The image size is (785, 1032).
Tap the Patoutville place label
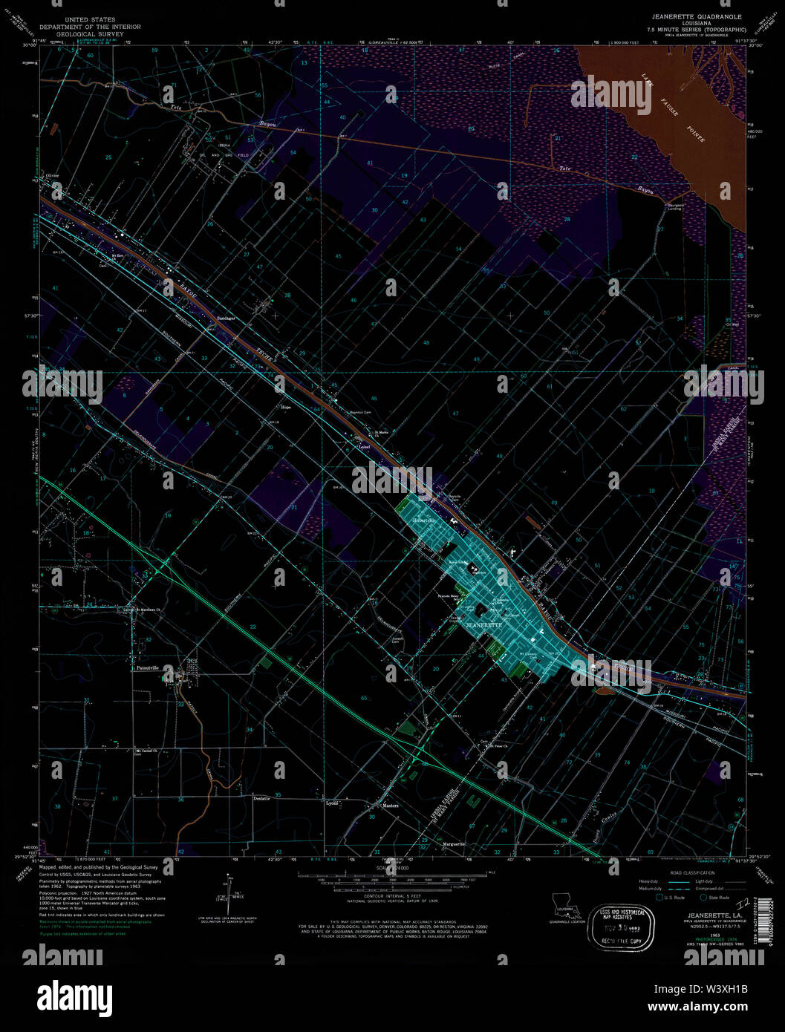[x=150, y=668]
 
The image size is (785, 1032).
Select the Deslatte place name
[x=261, y=798]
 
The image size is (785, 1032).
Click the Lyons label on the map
[x=332, y=803]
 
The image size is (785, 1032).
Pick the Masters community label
[x=390, y=806]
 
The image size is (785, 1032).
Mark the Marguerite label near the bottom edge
[x=454, y=844]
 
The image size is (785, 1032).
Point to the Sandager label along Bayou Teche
[x=226, y=319]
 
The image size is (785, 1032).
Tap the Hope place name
[x=285, y=407]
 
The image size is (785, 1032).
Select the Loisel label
[x=364, y=447]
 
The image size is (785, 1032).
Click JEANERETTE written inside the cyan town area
[x=484, y=626]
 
